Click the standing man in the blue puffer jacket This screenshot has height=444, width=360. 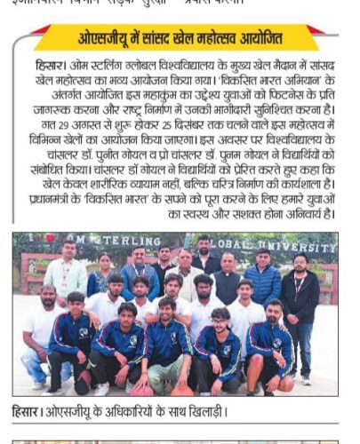pyautogui.click(x=263, y=282)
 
